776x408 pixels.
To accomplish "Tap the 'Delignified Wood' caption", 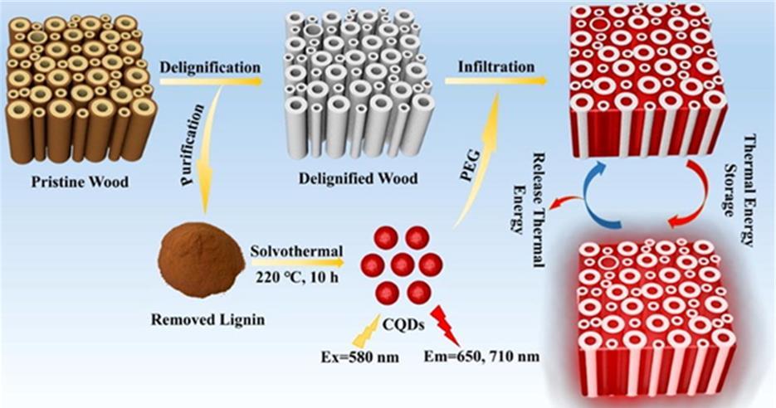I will [358, 177].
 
